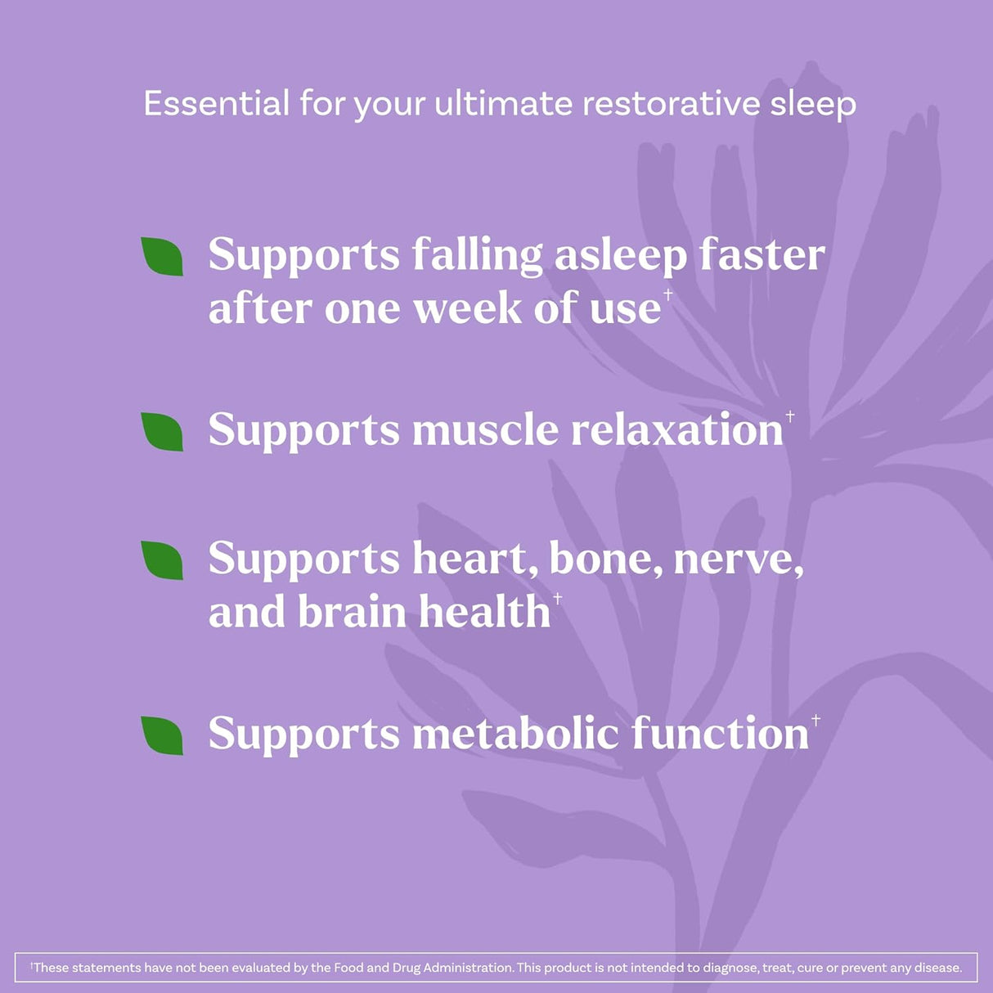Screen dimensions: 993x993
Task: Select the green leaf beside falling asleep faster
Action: (x=162, y=256)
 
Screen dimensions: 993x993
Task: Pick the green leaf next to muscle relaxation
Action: (x=162, y=431)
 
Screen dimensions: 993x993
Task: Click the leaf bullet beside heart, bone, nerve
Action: (x=162, y=559)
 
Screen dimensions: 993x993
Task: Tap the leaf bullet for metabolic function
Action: (x=162, y=735)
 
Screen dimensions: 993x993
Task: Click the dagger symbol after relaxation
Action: (x=790, y=417)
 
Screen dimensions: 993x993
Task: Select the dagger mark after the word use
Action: (x=668, y=294)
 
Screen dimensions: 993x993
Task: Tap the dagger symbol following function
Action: (x=816, y=720)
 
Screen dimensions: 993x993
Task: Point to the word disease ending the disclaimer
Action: (x=937, y=968)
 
